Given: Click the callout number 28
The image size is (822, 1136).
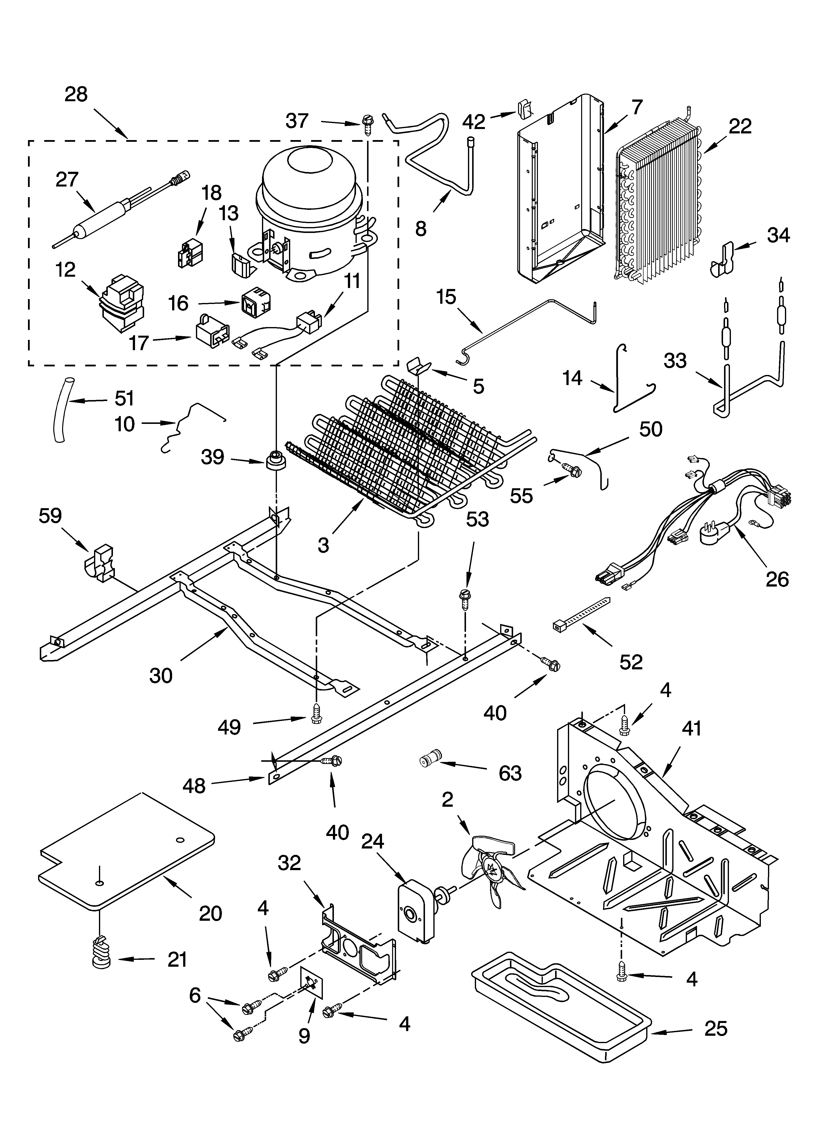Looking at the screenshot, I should (x=76, y=94).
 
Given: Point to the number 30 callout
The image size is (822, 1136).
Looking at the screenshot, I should (x=161, y=676).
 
